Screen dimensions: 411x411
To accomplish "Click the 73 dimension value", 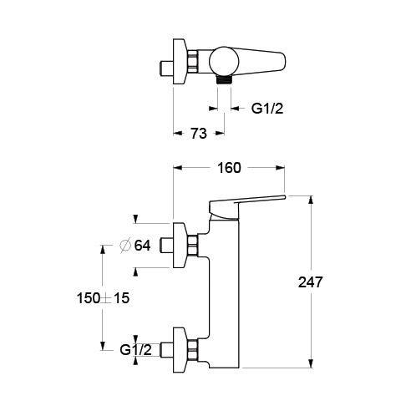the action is (199, 133).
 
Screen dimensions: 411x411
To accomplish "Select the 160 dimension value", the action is (229, 168).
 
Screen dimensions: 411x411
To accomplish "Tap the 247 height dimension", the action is (310, 282).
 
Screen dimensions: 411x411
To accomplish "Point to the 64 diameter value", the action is (142, 246).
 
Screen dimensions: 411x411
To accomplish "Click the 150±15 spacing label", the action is (103, 298).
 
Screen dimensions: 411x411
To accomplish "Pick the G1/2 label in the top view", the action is (267, 109).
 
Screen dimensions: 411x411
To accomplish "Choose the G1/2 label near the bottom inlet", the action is (136, 350).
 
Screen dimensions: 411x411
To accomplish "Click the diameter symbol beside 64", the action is (125, 246).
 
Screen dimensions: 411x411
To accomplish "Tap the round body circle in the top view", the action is (224, 62).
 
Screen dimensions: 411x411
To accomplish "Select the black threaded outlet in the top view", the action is (224, 79).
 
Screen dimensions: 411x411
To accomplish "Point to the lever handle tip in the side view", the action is (285, 197).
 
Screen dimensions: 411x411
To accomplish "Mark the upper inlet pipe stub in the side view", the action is (167, 246).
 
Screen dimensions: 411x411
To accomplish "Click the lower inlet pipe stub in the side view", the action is (167, 350).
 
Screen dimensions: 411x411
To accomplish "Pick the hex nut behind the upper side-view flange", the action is (193, 246).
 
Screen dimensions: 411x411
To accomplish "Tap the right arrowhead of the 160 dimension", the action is (281, 168).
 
